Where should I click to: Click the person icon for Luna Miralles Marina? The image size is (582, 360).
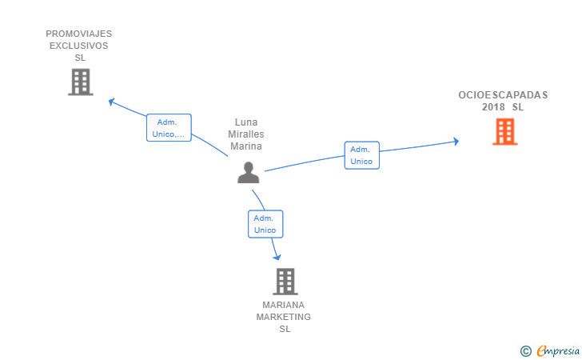coord(249,172)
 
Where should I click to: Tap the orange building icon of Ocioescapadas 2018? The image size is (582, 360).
coord(504,131)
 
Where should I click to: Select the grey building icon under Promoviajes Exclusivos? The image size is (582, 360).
coord(81,82)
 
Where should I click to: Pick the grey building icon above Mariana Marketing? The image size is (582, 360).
coord(285,282)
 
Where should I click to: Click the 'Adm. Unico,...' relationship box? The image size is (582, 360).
coord(169,128)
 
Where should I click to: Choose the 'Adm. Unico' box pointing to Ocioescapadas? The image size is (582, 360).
coord(362,155)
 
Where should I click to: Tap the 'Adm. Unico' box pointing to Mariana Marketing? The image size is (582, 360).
coord(265,224)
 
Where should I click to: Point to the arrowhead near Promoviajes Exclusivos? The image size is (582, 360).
coord(111,102)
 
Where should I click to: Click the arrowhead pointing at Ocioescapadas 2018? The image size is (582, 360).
coord(456,141)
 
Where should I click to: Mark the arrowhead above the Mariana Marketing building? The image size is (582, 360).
coord(277,257)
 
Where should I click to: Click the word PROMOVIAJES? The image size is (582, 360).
coord(78,34)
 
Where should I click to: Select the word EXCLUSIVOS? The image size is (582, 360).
coord(78,46)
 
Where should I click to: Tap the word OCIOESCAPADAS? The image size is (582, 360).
coord(503,95)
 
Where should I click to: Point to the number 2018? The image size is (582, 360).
coord(493,107)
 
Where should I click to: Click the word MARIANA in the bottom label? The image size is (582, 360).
coord(283,305)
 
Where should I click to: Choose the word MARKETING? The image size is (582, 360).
coord(284,317)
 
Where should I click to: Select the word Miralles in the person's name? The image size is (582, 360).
coord(246,134)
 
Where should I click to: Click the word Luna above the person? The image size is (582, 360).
coord(246,122)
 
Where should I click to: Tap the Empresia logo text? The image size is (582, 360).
coord(558,350)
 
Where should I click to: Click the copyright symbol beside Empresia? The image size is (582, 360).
coord(525,351)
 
